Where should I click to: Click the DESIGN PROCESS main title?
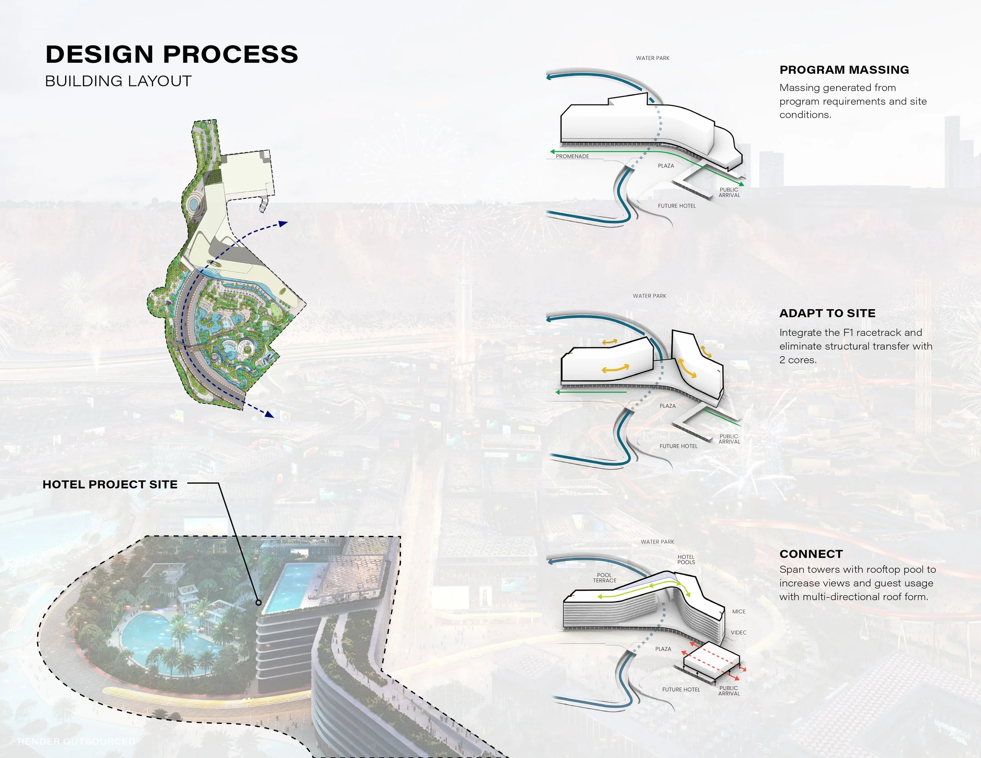[171, 54]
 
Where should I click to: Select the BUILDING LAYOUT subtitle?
[118, 81]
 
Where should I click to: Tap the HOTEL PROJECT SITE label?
[110, 485]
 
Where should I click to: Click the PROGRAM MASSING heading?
[844, 70]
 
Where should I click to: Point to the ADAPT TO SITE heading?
[828, 313]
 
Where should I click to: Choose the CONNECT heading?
[811, 554]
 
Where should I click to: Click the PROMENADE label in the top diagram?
[572, 156]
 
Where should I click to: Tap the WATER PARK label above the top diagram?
[653, 58]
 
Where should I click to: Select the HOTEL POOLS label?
[686, 559]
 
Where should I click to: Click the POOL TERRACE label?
[605, 578]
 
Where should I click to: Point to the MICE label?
[738, 612]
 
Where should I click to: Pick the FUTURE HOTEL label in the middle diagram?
[678, 446]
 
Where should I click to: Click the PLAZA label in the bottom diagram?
[663, 649]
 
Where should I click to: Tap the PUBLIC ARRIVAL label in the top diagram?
[729, 193]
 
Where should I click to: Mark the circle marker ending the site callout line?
[258, 603]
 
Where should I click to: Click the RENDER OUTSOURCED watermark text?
[77, 742]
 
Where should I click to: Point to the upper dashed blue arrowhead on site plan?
[283, 223]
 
